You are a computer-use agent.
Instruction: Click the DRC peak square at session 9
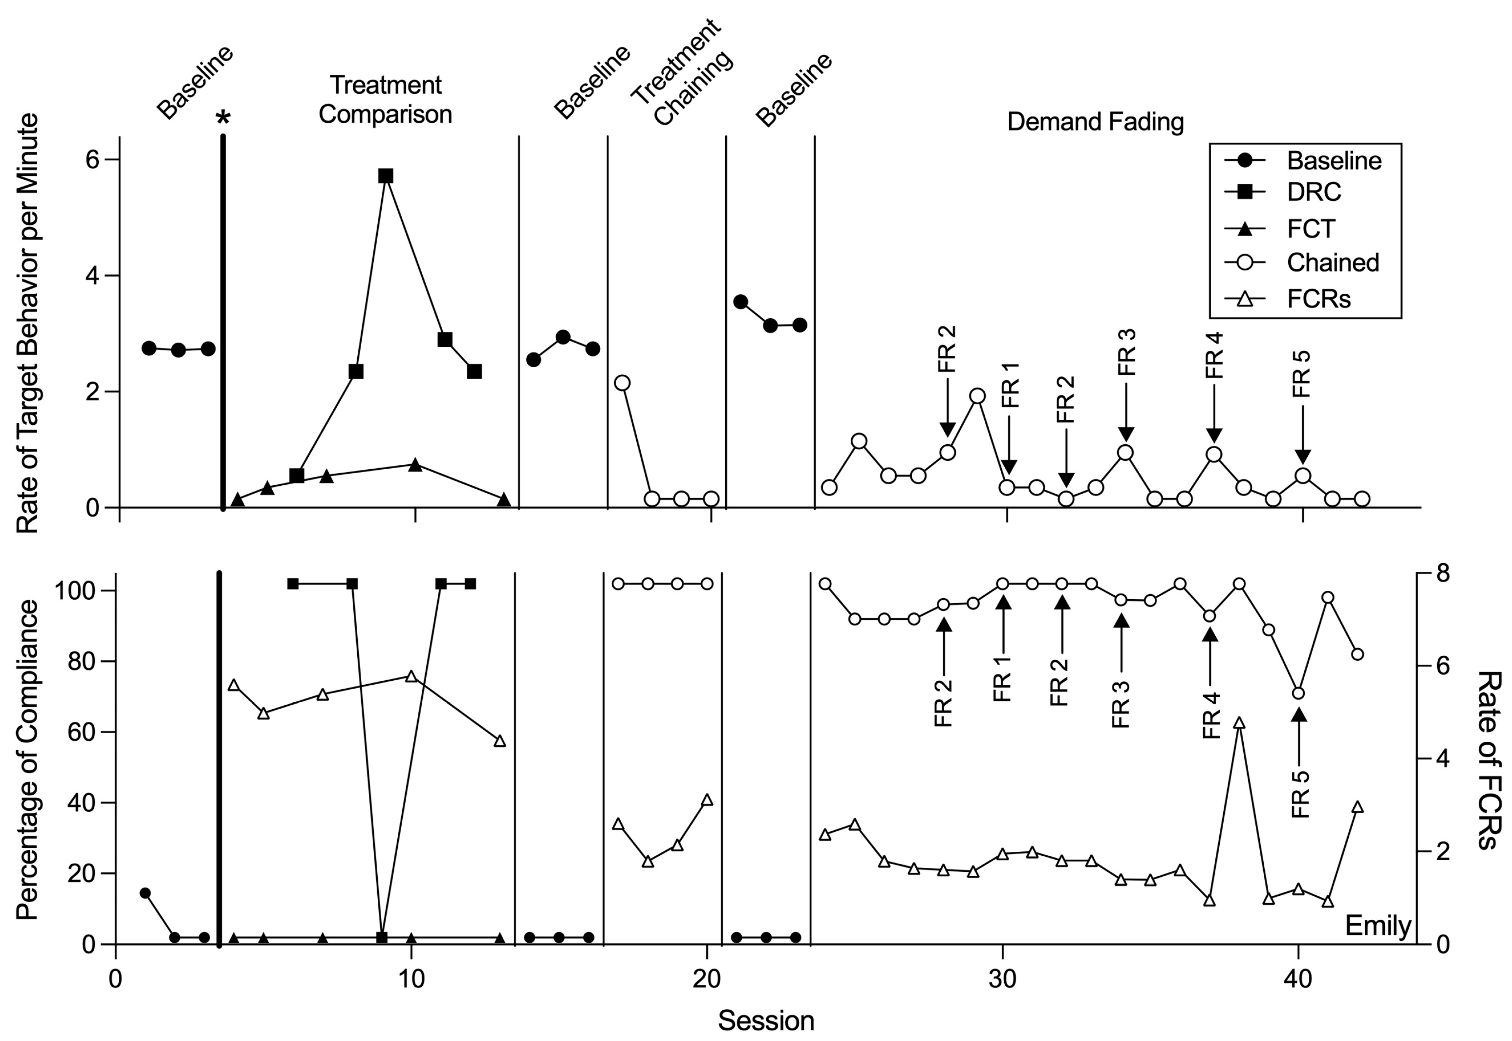coord(386,176)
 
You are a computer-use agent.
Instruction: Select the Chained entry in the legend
coord(1332,262)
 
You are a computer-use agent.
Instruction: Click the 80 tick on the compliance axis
coord(82,661)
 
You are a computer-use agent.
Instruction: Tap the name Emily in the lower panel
coord(1378,925)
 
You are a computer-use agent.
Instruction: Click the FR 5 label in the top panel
coord(1301,374)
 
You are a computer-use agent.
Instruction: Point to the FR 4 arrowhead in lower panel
coord(1210,635)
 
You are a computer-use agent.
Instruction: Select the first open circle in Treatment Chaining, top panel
coord(622,382)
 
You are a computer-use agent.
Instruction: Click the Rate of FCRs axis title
coord(1489,759)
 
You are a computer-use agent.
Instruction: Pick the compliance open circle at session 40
coord(1298,694)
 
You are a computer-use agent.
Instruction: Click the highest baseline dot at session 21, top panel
coord(740,302)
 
